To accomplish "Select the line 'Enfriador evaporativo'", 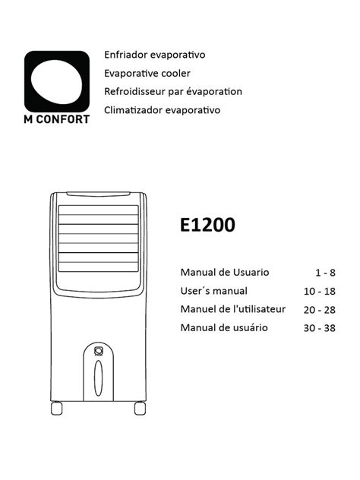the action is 155,55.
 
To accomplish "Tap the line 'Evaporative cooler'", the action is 147,74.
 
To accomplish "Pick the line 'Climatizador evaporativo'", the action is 163,110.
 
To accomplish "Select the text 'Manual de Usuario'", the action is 224,272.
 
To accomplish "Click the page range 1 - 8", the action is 325,273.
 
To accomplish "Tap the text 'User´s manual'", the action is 214,291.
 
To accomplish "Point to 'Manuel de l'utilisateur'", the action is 232,309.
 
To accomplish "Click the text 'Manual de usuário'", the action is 224,328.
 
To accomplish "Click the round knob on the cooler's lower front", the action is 98,351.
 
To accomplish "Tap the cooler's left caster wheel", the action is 56,409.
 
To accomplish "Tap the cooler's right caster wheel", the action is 140,409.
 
